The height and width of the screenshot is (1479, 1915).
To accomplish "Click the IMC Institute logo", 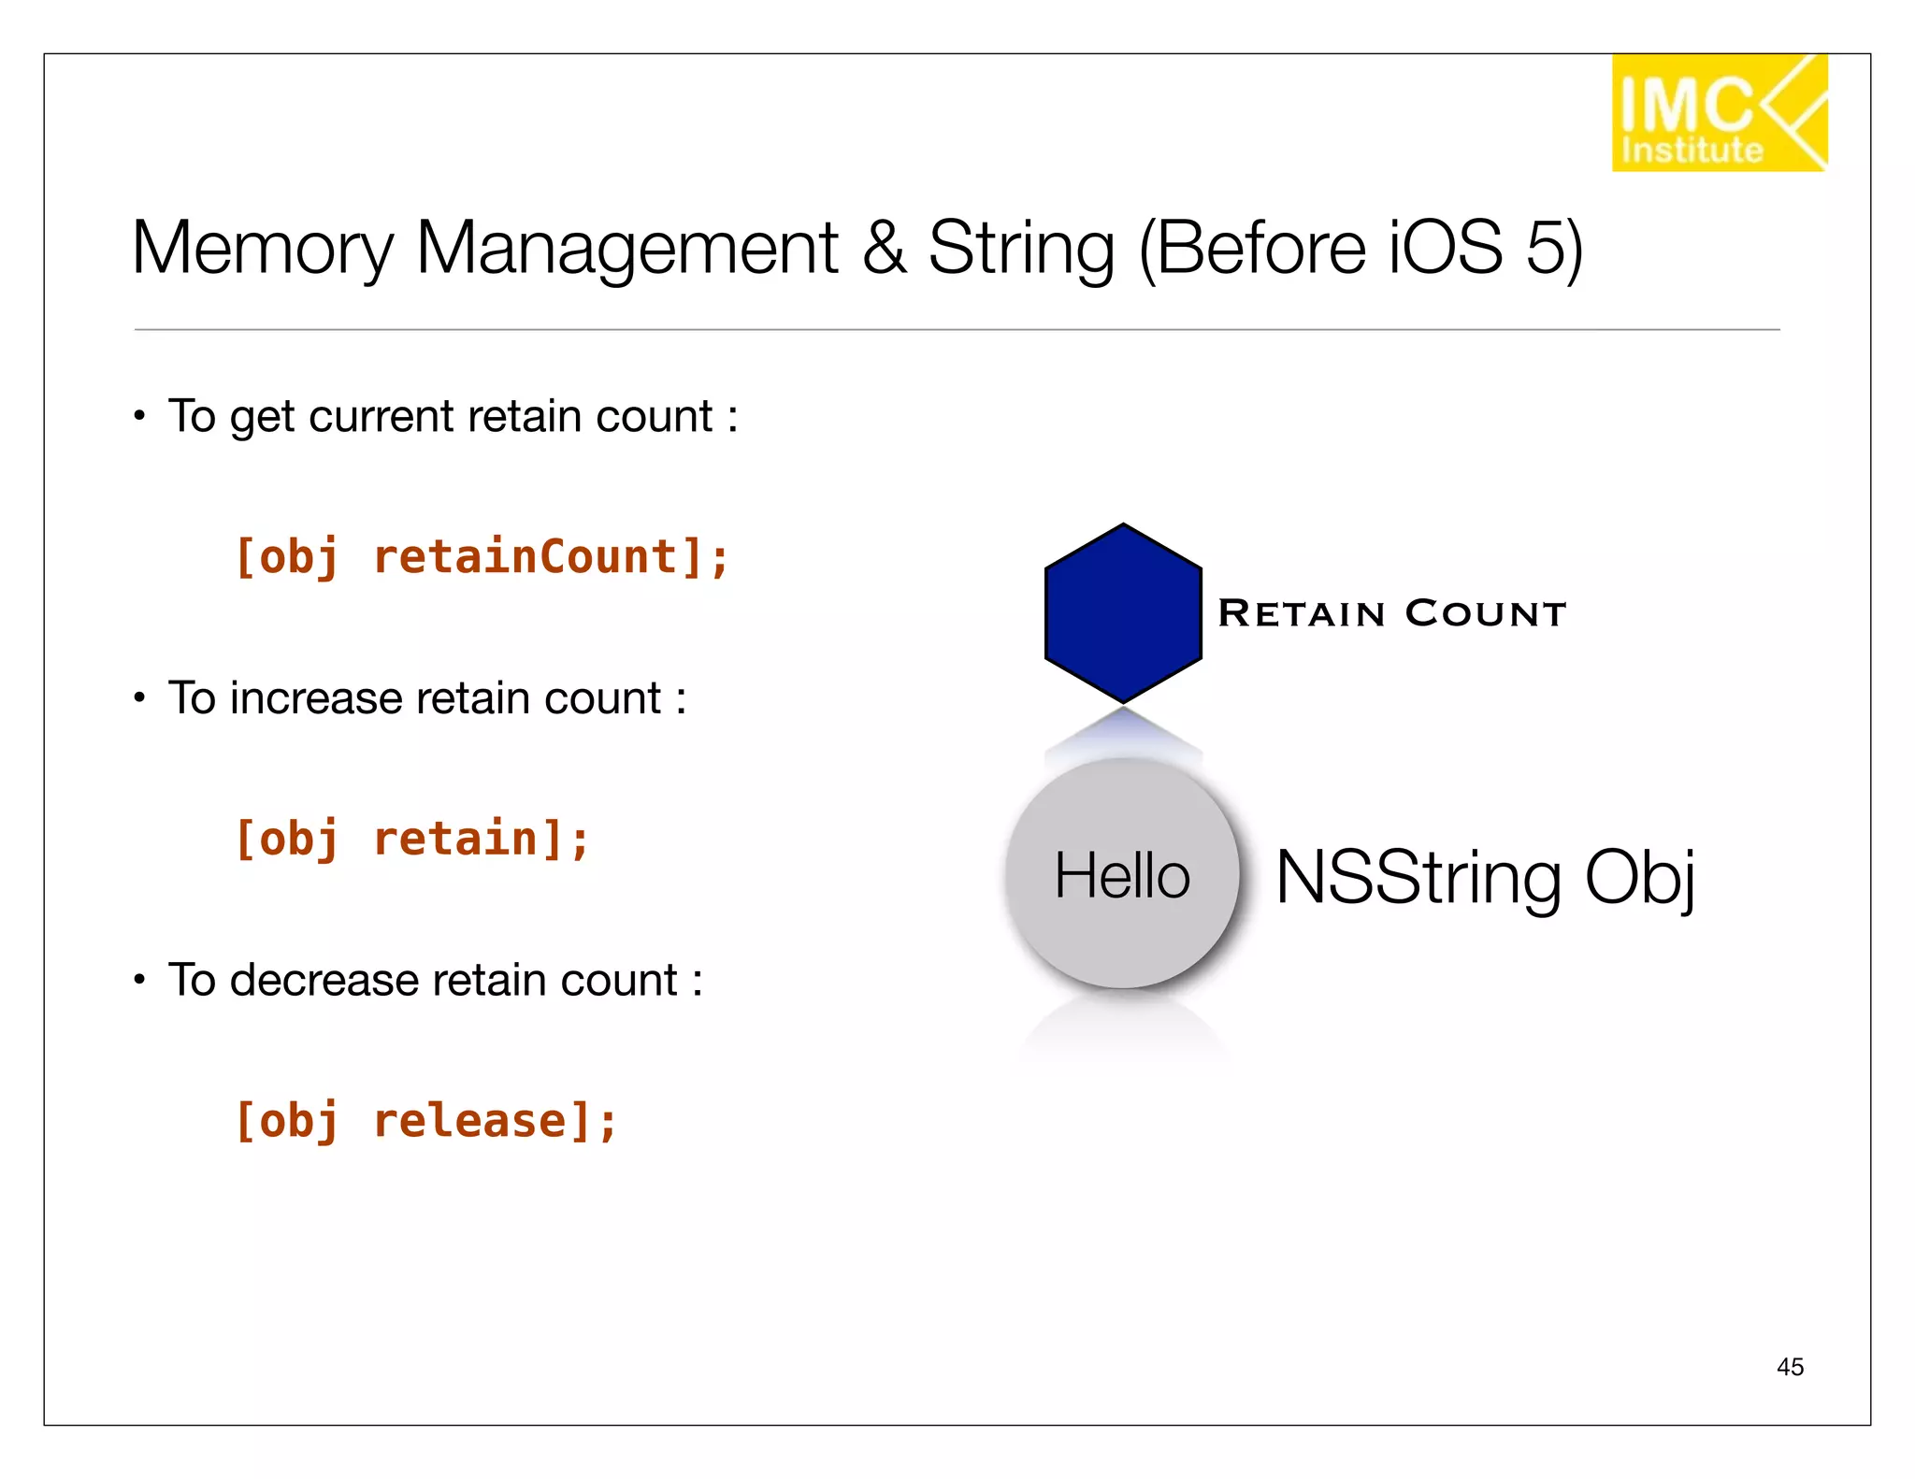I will [1718, 113].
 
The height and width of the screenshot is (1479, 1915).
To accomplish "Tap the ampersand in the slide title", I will [884, 249].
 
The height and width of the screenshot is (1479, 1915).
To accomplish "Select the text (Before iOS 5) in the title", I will [1361, 249].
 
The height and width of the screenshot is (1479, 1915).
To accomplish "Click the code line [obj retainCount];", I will [482, 558].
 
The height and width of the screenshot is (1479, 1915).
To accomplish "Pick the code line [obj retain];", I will [411, 839].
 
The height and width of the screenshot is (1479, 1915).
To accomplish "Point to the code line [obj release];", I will [425, 1121].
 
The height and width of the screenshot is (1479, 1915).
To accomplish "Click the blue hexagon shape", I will [1123, 613].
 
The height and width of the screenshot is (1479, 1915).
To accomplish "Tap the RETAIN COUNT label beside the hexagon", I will [1391, 614].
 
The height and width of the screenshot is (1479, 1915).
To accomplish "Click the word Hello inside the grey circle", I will [1122, 876].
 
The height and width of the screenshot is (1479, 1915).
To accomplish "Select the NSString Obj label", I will [1485, 878].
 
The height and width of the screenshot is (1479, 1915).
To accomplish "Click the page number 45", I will [1790, 1367].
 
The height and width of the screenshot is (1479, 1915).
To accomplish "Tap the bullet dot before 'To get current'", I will [139, 416].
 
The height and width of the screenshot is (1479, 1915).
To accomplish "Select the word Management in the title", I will [626, 249].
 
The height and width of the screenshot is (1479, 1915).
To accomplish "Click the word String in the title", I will [1021, 249].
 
